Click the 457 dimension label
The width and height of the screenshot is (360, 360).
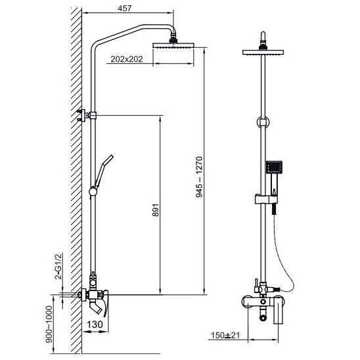pyautogui.click(x=125, y=9)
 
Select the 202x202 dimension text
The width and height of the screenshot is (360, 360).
pyautogui.click(x=127, y=59)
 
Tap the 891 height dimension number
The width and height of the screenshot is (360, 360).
pyautogui.click(x=156, y=210)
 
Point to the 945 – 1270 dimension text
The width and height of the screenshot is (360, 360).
pyautogui.click(x=199, y=177)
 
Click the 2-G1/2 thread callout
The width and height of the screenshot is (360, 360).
pyautogui.click(x=58, y=266)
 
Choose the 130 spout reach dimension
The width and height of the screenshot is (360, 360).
pyautogui.click(x=95, y=324)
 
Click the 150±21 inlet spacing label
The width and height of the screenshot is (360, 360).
pyautogui.click(x=225, y=336)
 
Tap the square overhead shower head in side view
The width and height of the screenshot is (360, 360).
pyautogui.click(x=173, y=45)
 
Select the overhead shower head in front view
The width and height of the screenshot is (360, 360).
pyautogui.click(x=263, y=52)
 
